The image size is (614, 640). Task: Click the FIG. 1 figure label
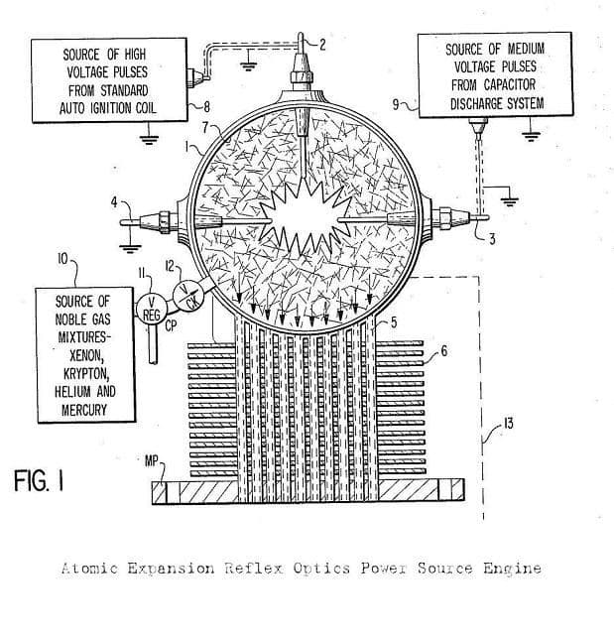(x=39, y=480)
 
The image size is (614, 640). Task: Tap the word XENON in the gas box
(x=86, y=355)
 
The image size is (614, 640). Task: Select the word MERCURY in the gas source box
(x=84, y=410)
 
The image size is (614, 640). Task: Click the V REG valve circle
(x=151, y=309)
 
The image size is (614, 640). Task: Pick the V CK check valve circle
(x=188, y=296)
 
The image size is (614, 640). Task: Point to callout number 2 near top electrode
(x=322, y=45)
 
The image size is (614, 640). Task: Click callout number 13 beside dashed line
(x=508, y=424)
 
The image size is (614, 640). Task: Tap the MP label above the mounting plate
(x=152, y=461)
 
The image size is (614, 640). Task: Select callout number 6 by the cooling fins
(x=443, y=350)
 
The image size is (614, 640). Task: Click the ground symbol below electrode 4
(x=130, y=248)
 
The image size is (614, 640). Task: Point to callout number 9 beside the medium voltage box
(x=396, y=104)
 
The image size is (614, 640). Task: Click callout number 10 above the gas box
(x=62, y=259)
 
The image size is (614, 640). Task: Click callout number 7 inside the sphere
(x=206, y=128)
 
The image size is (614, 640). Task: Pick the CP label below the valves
(x=172, y=326)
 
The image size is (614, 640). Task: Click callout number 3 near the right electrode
(x=492, y=239)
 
